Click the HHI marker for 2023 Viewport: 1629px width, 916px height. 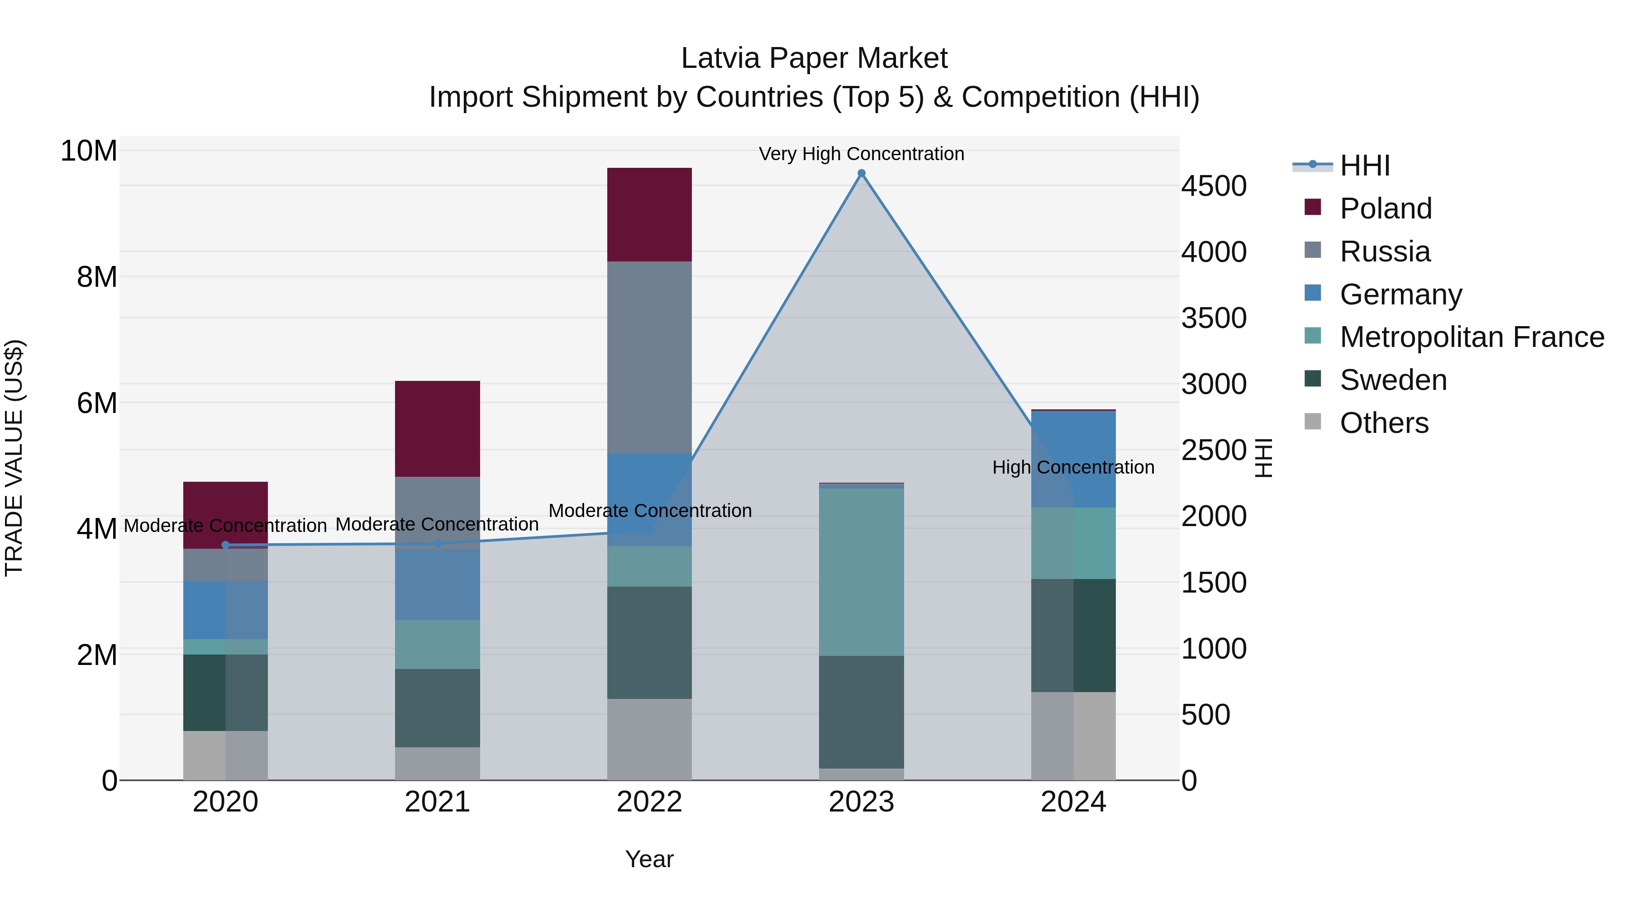[861, 173]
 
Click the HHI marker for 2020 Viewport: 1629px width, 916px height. [226, 545]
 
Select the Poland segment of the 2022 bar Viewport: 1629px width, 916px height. [649, 214]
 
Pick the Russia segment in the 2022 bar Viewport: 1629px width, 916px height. [649, 357]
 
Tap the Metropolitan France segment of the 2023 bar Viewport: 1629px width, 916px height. [861, 572]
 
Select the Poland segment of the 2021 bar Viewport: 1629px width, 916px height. [438, 429]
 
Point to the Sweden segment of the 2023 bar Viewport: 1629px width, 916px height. [861, 712]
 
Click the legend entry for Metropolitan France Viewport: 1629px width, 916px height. [1472, 337]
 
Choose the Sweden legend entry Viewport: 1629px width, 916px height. [1393, 380]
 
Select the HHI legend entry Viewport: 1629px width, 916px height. [1365, 166]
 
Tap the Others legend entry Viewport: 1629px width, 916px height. [1384, 423]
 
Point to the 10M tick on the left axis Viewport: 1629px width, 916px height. [89, 151]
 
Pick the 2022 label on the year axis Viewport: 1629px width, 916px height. [649, 802]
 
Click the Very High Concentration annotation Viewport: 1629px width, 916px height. [861, 154]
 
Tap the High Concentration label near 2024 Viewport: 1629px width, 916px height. [1073, 467]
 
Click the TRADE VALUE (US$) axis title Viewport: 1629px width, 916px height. [14, 458]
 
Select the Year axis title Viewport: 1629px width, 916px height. [649, 859]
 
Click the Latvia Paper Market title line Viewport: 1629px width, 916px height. [814, 58]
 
